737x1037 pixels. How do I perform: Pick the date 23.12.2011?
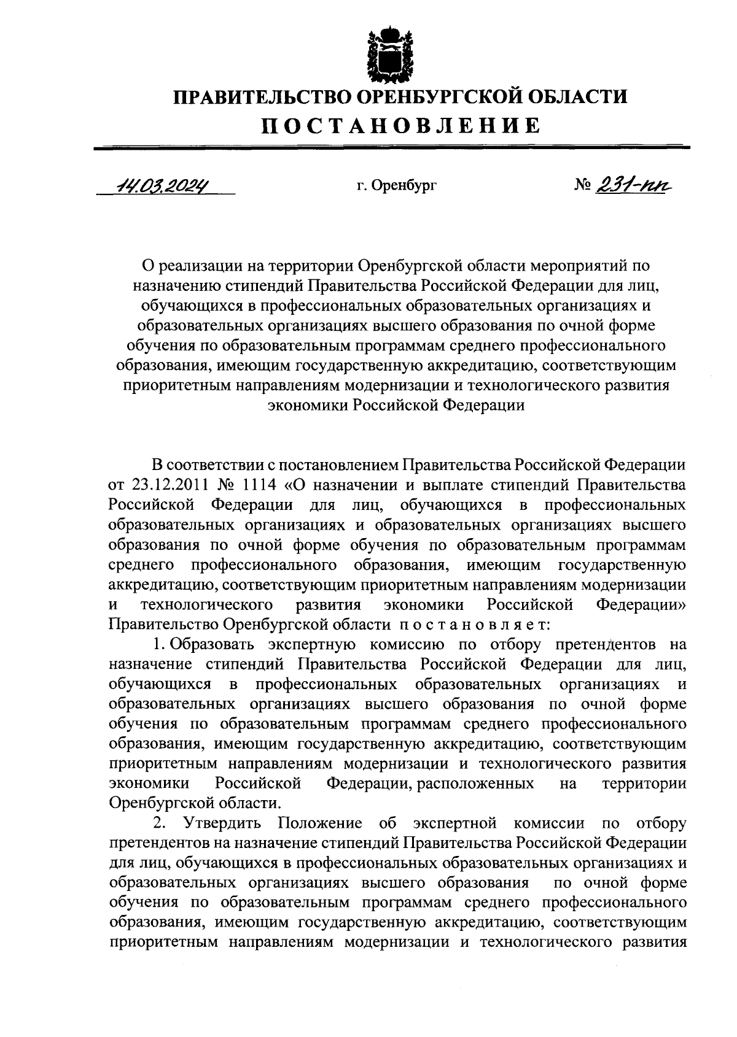coord(166,485)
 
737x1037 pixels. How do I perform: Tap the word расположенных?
coord(475,784)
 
